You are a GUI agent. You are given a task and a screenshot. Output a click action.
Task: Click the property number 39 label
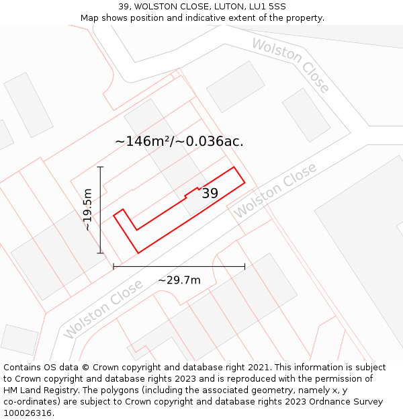(x=210, y=194)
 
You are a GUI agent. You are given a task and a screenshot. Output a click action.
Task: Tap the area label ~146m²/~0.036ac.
(x=179, y=141)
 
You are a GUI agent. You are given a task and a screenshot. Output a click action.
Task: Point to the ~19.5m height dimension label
(x=87, y=210)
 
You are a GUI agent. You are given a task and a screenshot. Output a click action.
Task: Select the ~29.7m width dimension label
(x=179, y=280)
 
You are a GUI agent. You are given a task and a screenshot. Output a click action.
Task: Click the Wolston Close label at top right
(x=291, y=65)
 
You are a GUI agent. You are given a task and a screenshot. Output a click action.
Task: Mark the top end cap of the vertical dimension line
(x=101, y=167)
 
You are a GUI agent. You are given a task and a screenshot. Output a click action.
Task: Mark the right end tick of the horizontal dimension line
(x=244, y=266)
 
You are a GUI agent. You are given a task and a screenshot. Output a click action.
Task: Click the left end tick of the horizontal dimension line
(x=114, y=266)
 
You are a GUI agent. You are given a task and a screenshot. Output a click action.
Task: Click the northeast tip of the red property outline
(x=234, y=167)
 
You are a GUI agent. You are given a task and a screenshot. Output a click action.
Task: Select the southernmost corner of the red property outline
(x=138, y=253)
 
